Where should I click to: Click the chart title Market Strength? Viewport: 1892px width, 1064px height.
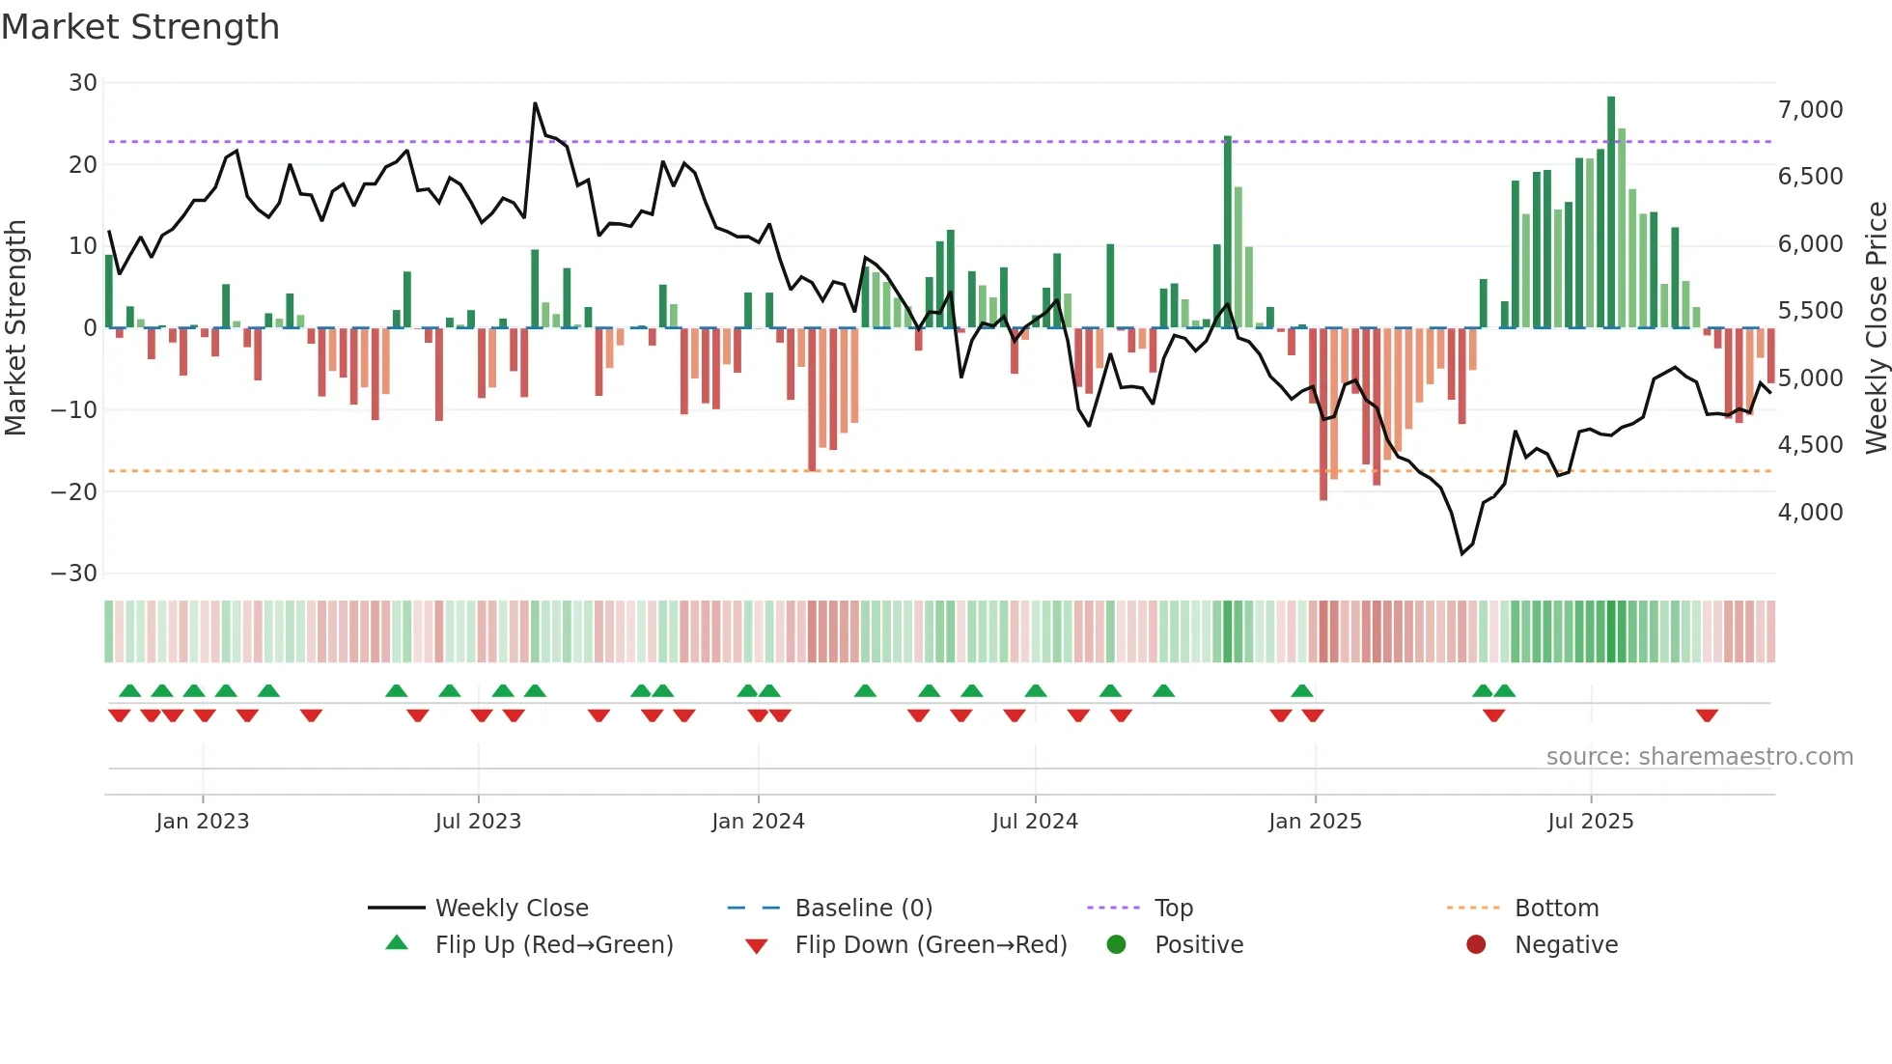click(x=140, y=27)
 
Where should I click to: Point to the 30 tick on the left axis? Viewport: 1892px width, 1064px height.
click(x=83, y=83)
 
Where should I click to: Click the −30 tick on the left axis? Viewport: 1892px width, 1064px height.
click(x=74, y=574)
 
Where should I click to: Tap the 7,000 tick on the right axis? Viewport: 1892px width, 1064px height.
click(x=1810, y=110)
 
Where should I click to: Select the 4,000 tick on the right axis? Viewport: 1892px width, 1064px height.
click(x=1810, y=513)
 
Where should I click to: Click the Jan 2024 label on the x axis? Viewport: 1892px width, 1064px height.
click(x=758, y=822)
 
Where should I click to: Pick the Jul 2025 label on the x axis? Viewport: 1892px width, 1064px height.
click(x=1590, y=822)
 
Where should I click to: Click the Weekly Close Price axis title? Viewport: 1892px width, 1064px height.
click(x=1876, y=328)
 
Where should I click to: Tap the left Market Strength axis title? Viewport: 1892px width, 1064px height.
click(x=15, y=328)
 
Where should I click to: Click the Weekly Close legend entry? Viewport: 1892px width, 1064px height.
click(x=511, y=909)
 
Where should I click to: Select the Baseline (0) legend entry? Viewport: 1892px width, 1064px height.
click(x=863, y=909)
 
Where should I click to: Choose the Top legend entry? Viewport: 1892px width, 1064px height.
click(x=1173, y=909)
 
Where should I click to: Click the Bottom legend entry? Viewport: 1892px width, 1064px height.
click(x=1556, y=909)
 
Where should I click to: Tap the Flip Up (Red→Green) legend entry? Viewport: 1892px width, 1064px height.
click(x=553, y=945)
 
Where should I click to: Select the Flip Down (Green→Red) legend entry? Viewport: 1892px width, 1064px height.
click(x=931, y=945)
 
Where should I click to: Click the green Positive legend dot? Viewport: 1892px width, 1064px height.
click(x=1116, y=945)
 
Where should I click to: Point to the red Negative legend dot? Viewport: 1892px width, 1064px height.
click(x=1476, y=945)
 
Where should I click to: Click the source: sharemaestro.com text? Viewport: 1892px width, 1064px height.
click(x=1699, y=757)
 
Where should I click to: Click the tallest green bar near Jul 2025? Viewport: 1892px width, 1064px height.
click(x=1611, y=212)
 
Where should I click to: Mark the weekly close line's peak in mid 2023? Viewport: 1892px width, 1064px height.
click(x=535, y=103)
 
